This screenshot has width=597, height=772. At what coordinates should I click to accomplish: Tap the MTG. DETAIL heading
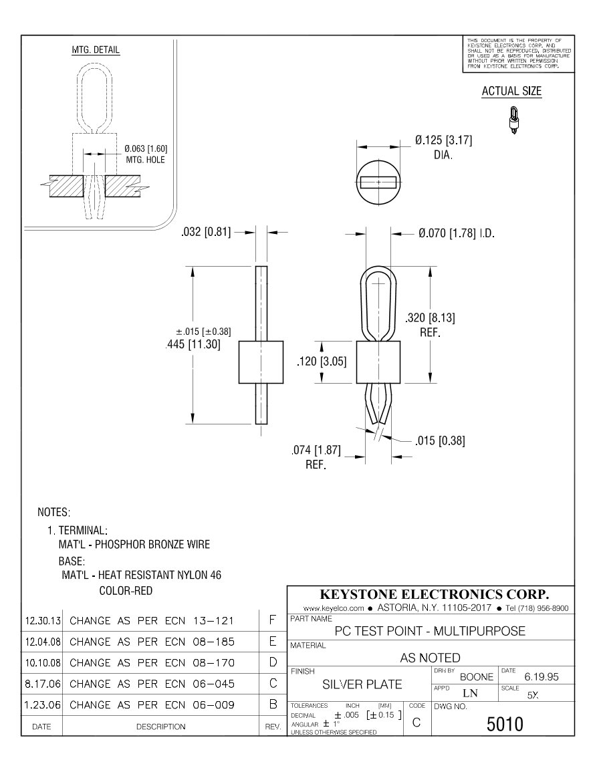(x=96, y=51)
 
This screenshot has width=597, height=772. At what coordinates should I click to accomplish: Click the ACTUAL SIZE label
(x=511, y=92)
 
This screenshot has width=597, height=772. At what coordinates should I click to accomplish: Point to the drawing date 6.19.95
(x=542, y=678)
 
